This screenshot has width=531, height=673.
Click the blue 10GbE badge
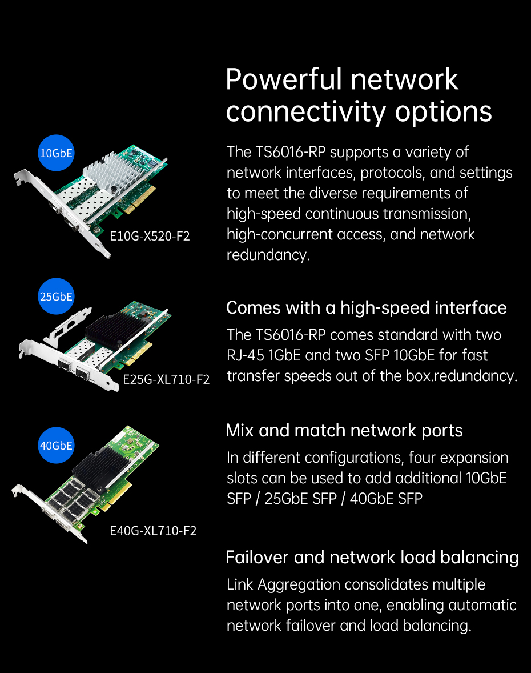point(56,153)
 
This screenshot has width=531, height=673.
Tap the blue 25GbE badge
point(56,296)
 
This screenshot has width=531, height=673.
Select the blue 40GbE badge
point(56,446)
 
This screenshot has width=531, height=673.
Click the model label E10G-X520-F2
point(150,236)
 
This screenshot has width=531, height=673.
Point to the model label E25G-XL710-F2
point(166,379)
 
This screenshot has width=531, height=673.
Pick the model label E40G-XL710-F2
point(153,531)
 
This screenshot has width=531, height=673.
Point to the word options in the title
point(444,113)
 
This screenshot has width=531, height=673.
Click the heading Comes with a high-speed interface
point(367,308)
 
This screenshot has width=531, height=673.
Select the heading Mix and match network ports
point(344,431)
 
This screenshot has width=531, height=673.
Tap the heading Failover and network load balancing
point(372,557)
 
